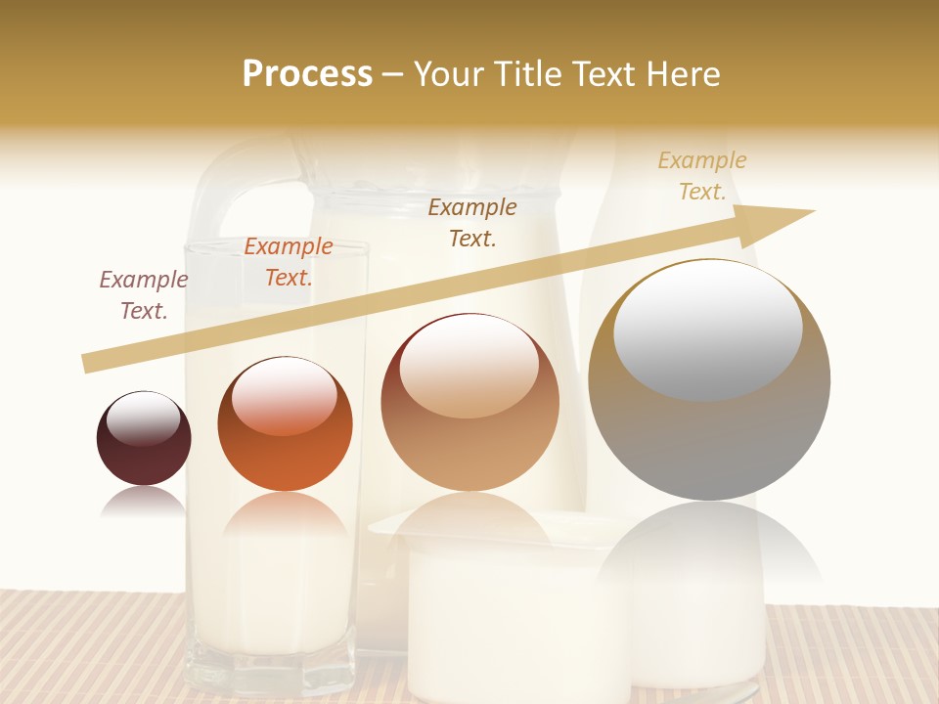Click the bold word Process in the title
pos(307,74)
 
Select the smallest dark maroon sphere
pos(144,439)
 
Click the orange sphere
pos(285,424)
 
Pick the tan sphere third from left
pos(469,403)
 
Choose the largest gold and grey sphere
pos(709,380)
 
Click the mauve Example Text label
pos(144,295)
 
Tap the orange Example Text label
pos(288,262)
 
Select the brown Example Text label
pos(472,223)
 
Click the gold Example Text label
pos(702,176)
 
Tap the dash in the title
pos(393,75)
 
